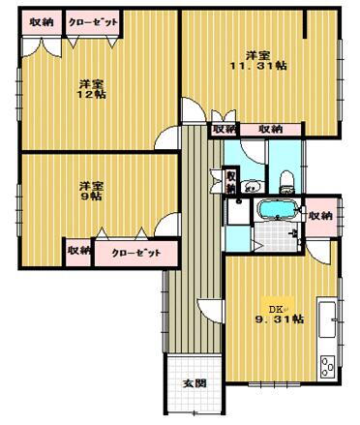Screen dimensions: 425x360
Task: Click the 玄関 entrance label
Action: tap(194, 382)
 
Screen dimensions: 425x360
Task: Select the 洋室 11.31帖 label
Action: tap(256, 60)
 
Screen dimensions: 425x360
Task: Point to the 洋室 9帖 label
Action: tap(91, 190)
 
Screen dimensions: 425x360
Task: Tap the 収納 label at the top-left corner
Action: tap(40, 21)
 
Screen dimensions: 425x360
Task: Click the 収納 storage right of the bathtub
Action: tap(320, 214)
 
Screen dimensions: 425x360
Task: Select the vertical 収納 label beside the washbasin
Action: tap(232, 181)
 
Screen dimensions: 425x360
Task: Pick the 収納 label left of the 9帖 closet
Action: tap(78, 251)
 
